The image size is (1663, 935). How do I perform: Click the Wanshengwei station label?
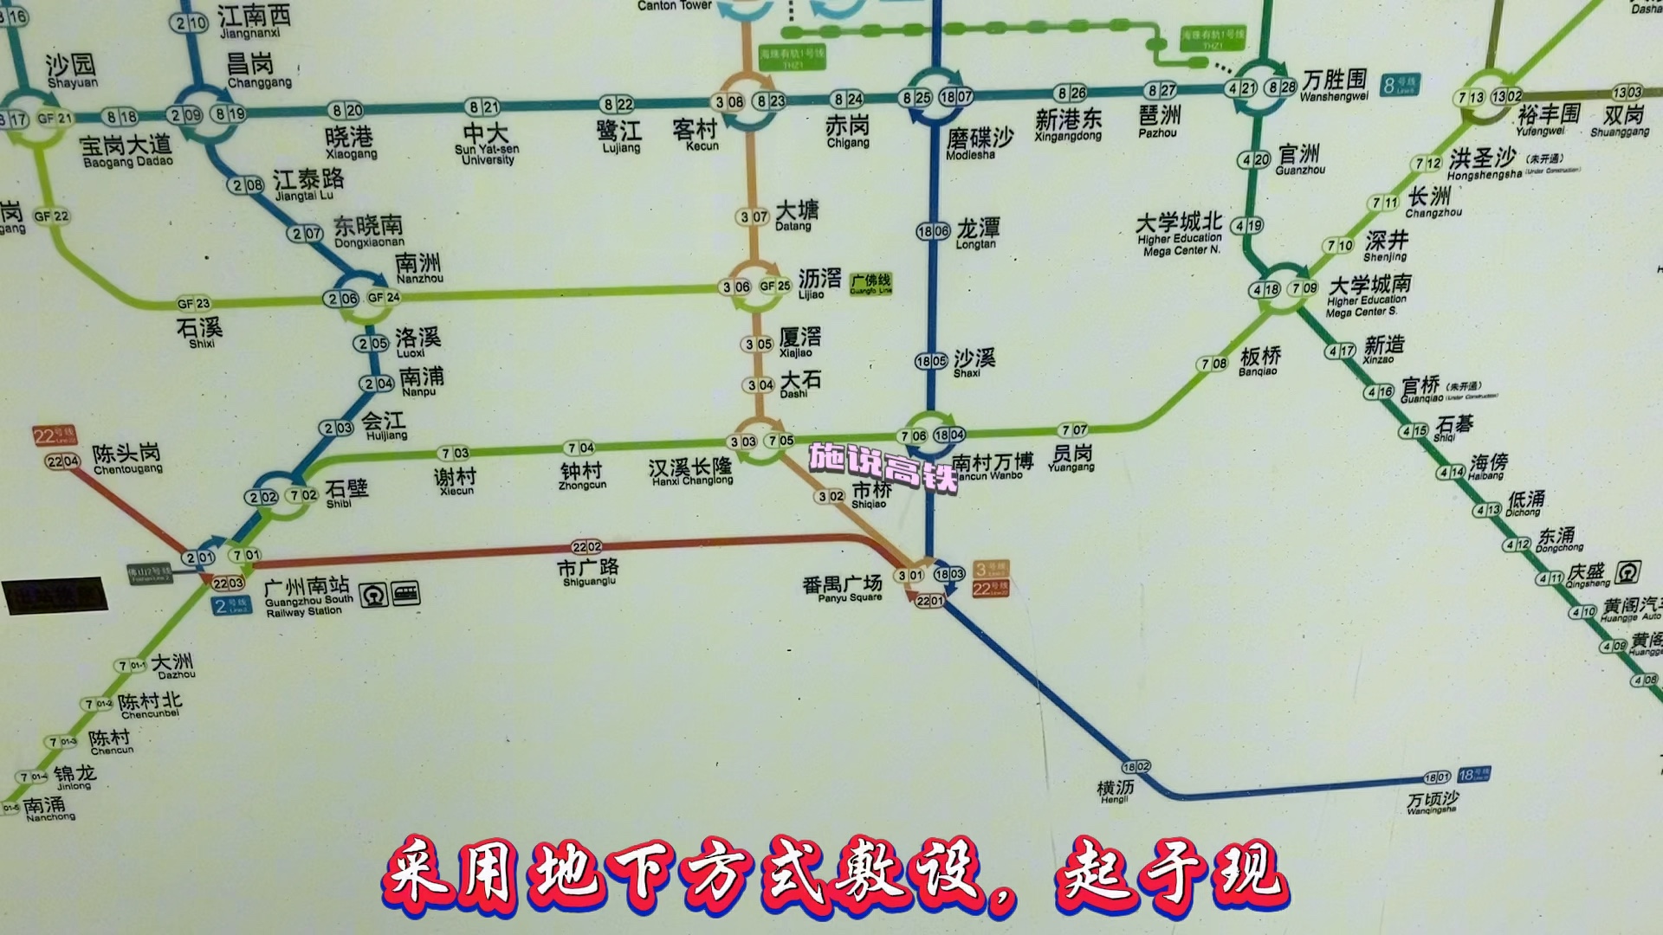(x=1334, y=85)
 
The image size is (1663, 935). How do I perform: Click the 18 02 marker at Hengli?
(x=1136, y=767)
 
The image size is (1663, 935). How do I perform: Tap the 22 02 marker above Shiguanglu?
(x=586, y=547)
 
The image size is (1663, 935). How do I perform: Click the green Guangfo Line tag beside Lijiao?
(x=870, y=282)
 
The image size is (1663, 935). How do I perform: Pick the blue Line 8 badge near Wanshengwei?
(x=1401, y=85)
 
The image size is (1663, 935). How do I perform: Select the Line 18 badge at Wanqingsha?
(x=1473, y=774)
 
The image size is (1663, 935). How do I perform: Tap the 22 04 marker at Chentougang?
(x=62, y=462)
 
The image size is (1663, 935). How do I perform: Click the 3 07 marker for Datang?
(x=754, y=216)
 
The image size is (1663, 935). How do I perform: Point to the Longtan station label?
(x=977, y=233)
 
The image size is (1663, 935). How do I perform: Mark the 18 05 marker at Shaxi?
(x=931, y=361)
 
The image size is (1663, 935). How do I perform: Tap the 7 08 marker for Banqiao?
(x=1213, y=364)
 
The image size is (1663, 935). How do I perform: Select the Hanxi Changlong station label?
(x=690, y=472)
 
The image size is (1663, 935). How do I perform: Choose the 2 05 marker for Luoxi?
(x=372, y=344)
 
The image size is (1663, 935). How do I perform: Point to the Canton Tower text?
(x=674, y=6)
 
